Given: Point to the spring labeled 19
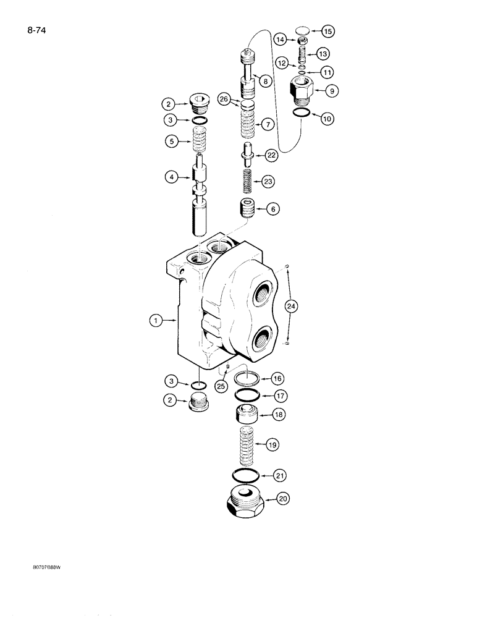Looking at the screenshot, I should click(x=247, y=446).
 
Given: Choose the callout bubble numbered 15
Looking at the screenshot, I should click(x=327, y=30).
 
